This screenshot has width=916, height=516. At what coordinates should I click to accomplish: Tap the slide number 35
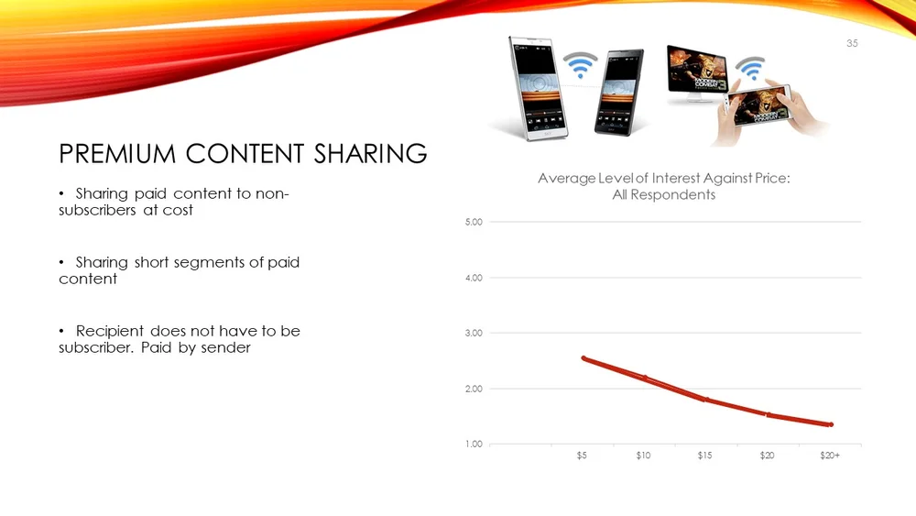click(x=852, y=44)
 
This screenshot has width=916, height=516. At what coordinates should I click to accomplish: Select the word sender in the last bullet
click(x=225, y=348)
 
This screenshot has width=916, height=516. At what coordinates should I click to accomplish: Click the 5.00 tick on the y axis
click(x=473, y=222)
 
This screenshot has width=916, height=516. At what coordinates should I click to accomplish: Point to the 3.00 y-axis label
click(x=473, y=333)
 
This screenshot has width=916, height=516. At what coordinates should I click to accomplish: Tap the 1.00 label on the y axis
click(x=473, y=445)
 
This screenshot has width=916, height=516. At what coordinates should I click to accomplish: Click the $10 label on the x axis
click(x=644, y=456)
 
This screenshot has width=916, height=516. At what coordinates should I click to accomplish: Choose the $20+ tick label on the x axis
click(x=830, y=456)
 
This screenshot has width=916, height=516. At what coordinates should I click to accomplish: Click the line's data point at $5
click(x=583, y=358)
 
